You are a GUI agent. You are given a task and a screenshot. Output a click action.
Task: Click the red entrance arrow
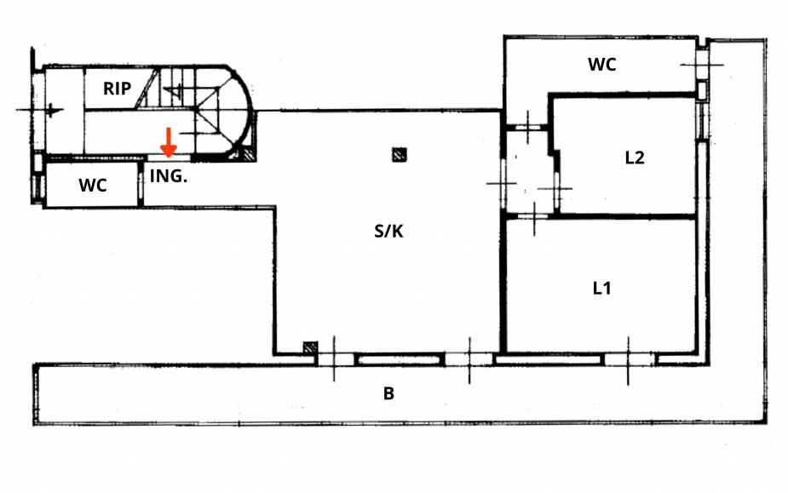click(169, 142)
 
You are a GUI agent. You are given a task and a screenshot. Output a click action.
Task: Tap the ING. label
click(168, 177)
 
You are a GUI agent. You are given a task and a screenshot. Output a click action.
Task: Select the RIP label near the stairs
click(118, 88)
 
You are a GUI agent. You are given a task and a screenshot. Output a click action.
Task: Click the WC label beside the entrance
click(93, 186)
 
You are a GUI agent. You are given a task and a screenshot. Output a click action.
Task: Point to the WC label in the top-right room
click(601, 64)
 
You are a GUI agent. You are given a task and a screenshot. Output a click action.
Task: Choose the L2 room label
click(634, 158)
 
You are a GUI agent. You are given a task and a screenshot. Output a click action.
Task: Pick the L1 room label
click(602, 288)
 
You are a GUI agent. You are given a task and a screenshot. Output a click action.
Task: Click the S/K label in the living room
click(388, 230)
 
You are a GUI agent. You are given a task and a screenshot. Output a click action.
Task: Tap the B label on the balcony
click(388, 393)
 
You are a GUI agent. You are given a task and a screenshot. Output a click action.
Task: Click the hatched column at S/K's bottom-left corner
click(310, 348)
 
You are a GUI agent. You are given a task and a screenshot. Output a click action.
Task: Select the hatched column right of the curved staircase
click(247, 154)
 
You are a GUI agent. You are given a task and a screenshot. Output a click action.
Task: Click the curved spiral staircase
click(217, 111)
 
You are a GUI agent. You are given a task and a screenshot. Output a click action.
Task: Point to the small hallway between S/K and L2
click(528, 170)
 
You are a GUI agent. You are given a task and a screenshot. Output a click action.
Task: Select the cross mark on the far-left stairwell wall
click(51, 110)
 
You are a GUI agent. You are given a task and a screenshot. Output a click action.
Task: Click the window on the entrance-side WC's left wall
click(35, 185)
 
